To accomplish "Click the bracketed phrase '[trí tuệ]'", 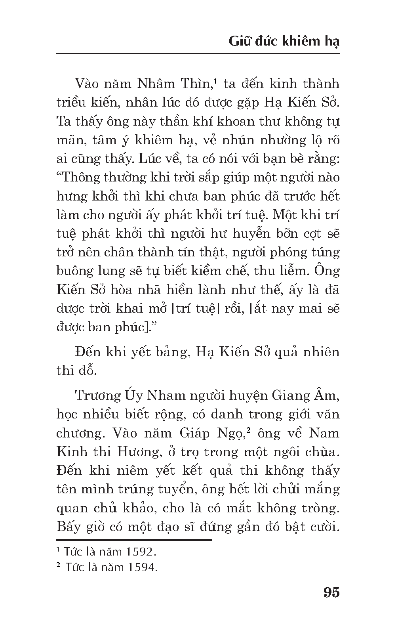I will click(196, 308).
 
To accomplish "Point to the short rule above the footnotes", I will click(134, 540).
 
